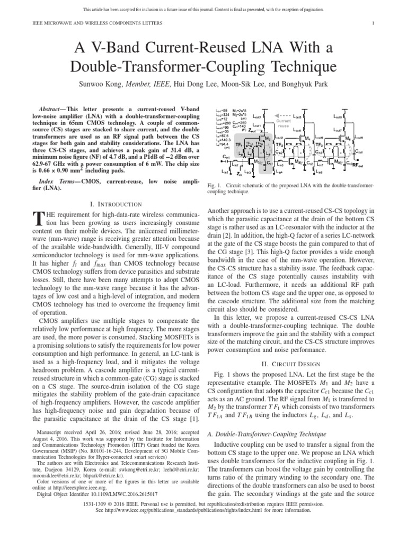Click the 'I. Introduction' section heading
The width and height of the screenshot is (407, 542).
click(116, 204)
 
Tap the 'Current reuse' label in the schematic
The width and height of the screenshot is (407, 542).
click(284, 123)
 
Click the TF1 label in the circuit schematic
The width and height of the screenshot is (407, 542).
click(239, 144)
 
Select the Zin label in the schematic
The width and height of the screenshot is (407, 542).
click(239, 173)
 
